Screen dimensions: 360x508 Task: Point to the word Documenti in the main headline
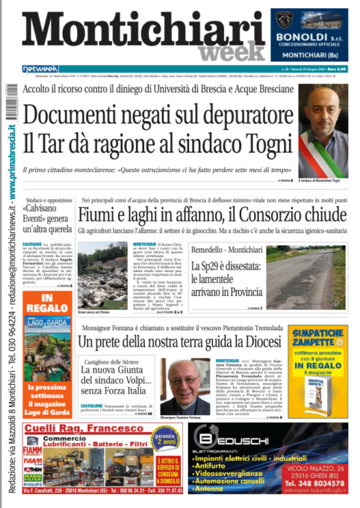(82, 115)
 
